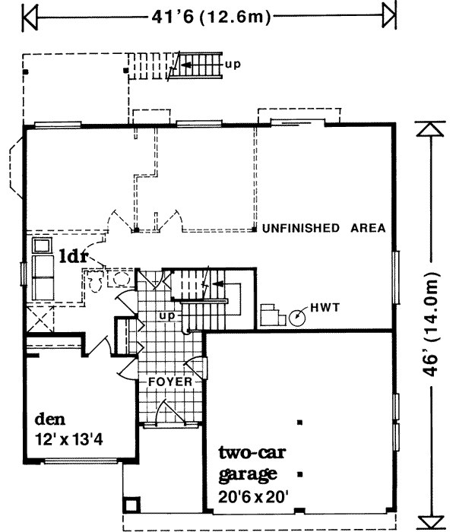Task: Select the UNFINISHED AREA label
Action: click(x=324, y=228)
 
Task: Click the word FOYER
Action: click(x=170, y=381)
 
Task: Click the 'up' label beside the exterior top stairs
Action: click(x=233, y=64)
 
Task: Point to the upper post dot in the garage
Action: click(x=301, y=422)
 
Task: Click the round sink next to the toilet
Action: click(x=119, y=278)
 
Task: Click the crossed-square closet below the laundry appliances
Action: click(x=40, y=320)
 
